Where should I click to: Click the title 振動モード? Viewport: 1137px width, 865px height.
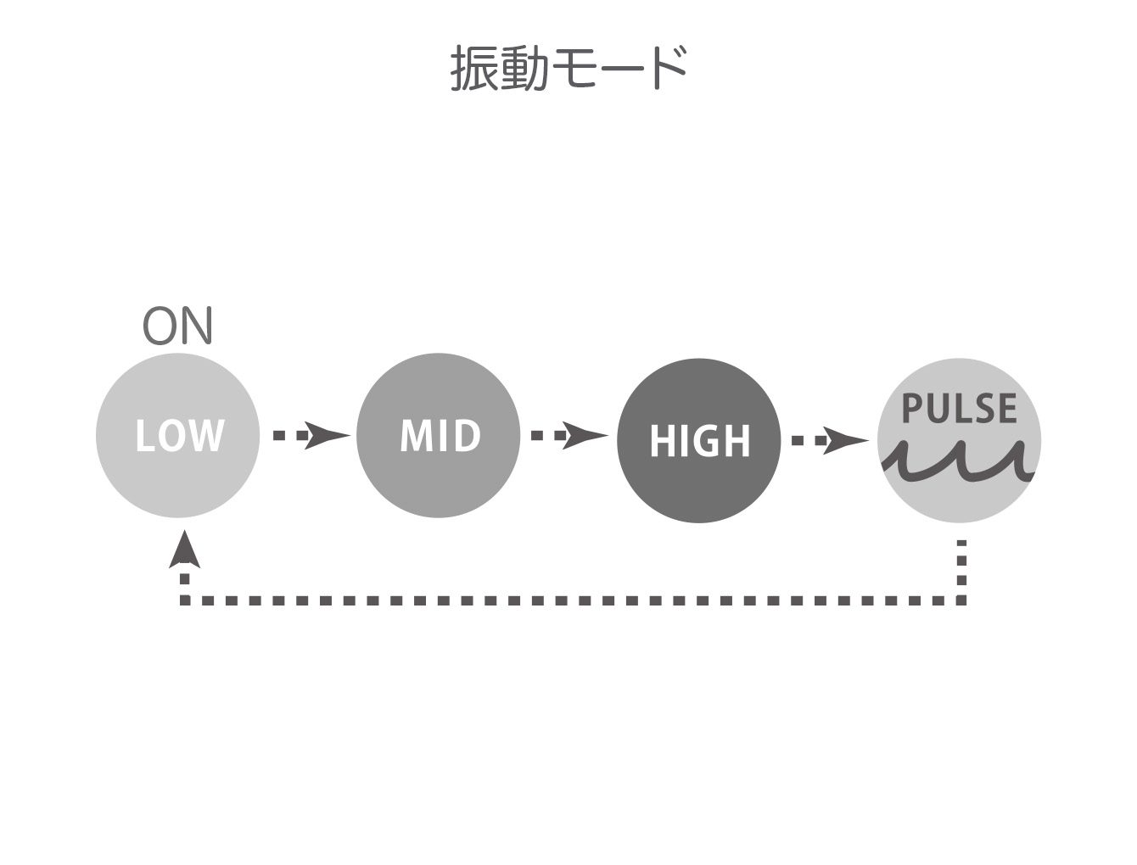click(x=568, y=68)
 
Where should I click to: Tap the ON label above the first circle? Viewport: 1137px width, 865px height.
click(x=177, y=326)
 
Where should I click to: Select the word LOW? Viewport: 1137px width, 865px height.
click(x=179, y=435)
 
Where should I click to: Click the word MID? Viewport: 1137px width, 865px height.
click(x=440, y=435)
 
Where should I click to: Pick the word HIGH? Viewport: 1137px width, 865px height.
click(x=700, y=440)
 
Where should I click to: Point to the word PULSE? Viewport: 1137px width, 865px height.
click(x=960, y=409)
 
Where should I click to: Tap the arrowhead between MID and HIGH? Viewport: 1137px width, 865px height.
click(x=585, y=435)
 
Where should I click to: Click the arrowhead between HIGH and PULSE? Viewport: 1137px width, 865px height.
click(x=845, y=440)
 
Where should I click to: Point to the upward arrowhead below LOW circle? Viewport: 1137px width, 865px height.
click(x=184, y=550)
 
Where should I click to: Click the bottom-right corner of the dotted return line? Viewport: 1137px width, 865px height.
click(x=962, y=601)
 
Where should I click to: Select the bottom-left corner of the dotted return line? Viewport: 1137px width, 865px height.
click(x=184, y=601)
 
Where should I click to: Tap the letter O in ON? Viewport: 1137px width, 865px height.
click(x=160, y=326)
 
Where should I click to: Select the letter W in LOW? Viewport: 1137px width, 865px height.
click(x=205, y=435)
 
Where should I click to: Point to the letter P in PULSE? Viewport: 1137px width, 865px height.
click(x=911, y=409)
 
